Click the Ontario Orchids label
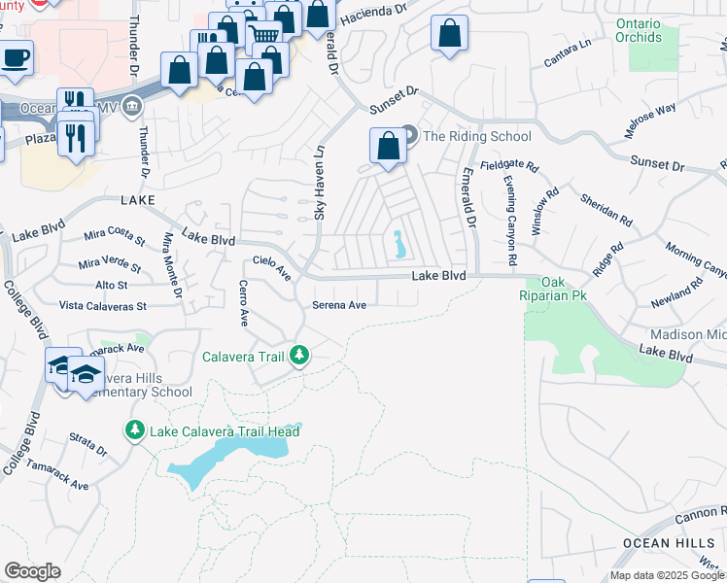click(638, 31)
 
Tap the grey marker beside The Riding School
click(409, 135)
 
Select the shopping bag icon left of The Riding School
click(388, 147)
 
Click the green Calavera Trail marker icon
click(300, 356)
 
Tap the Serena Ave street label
click(339, 305)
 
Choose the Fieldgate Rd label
click(509, 165)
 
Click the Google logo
click(32, 570)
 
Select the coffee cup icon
click(15, 57)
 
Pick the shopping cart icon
click(263, 36)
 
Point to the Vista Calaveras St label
click(102, 306)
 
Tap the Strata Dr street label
click(88, 445)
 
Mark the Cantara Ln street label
click(568, 53)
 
